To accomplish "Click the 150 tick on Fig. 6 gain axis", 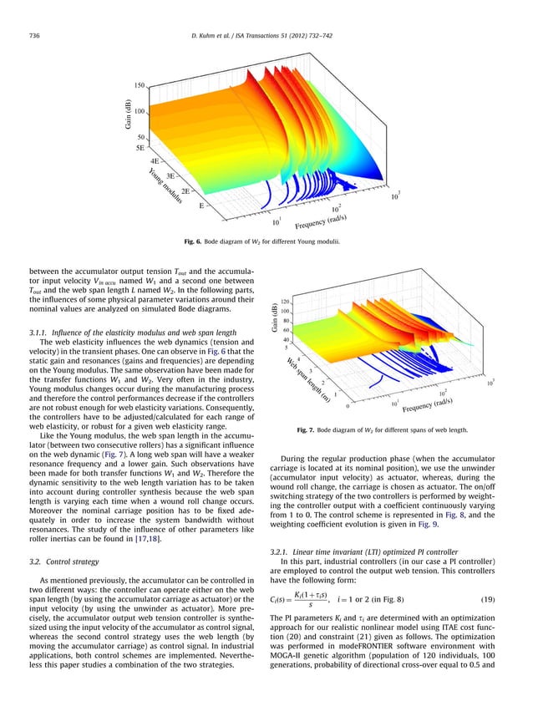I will [x=140, y=85].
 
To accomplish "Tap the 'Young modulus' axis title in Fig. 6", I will [x=165, y=185].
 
